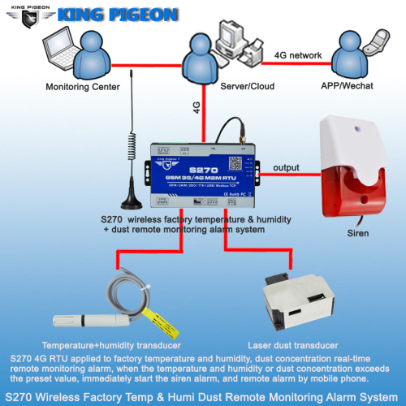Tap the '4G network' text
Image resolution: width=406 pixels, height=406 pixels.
coord(296,55)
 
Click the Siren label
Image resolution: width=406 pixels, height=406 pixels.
coord(357,233)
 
